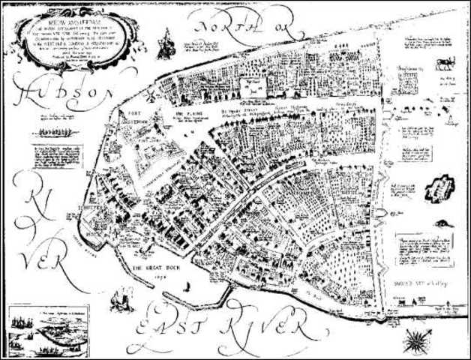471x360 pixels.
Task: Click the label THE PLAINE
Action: pos(184,116)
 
